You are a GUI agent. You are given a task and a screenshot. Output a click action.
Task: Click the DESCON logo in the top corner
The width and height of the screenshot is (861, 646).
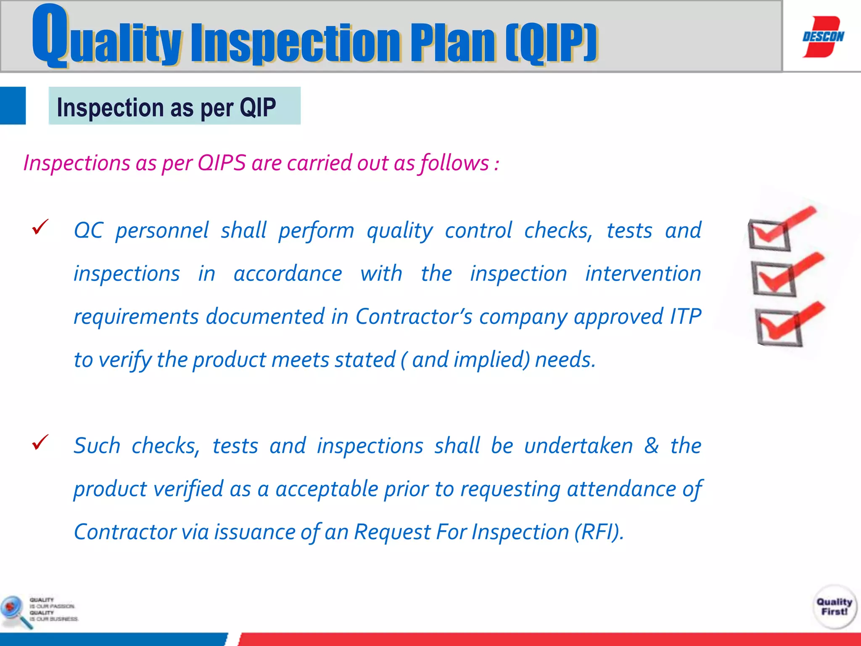click(823, 37)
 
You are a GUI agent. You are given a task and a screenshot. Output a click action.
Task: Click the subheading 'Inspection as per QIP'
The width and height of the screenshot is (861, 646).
click(166, 107)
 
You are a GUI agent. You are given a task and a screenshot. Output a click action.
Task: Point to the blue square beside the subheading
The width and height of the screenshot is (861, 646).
click(13, 106)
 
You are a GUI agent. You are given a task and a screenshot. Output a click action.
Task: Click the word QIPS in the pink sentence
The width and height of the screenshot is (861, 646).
click(222, 163)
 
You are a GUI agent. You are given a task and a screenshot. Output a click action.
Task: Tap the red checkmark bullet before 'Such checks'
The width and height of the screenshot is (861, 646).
click(40, 442)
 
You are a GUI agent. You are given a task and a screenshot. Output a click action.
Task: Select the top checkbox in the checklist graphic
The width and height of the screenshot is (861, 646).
click(769, 235)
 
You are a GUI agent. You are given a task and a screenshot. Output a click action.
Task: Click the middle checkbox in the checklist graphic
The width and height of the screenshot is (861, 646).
click(774, 279)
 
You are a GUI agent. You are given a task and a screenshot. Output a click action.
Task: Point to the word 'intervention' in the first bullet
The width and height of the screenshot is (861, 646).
click(643, 274)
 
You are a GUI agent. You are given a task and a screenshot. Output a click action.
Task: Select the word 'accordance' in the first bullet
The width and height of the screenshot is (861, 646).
click(288, 274)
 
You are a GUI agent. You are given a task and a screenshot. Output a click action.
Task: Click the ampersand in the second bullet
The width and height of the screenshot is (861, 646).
click(651, 445)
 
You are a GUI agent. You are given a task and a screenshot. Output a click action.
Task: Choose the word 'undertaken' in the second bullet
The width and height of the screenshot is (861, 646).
click(578, 445)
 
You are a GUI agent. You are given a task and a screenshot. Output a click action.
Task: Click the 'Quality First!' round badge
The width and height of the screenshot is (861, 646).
click(835, 606)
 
